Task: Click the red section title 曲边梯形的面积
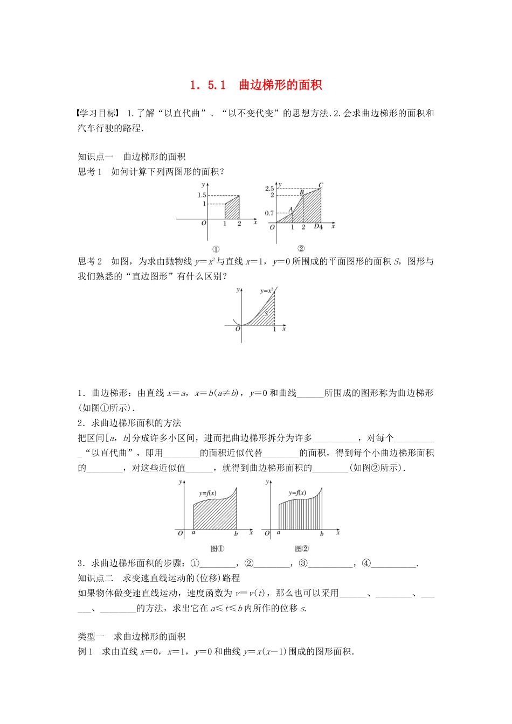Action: coord(280,85)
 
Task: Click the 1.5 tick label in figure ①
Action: coord(202,196)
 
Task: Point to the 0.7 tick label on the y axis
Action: coord(269,213)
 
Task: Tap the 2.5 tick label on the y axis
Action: coord(269,189)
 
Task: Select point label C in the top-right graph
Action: coord(321,185)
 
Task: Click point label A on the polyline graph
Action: coord(290,210)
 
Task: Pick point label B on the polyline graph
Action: coord(302,192)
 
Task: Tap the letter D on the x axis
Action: coord(316,227)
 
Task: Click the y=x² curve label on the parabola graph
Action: coord(266,291)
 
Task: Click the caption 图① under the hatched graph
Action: coord(217,548)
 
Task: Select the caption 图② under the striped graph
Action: coord(302,548)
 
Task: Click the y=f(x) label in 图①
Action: coord(207,493)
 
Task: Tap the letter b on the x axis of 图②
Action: coord(322,534)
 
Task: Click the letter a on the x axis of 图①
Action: coord(193,533)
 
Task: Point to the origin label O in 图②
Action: coord(267,534)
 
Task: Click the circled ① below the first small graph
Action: coord(216,249)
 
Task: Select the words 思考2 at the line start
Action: coord(89,261)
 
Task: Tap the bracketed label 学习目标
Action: coord(98,113)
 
